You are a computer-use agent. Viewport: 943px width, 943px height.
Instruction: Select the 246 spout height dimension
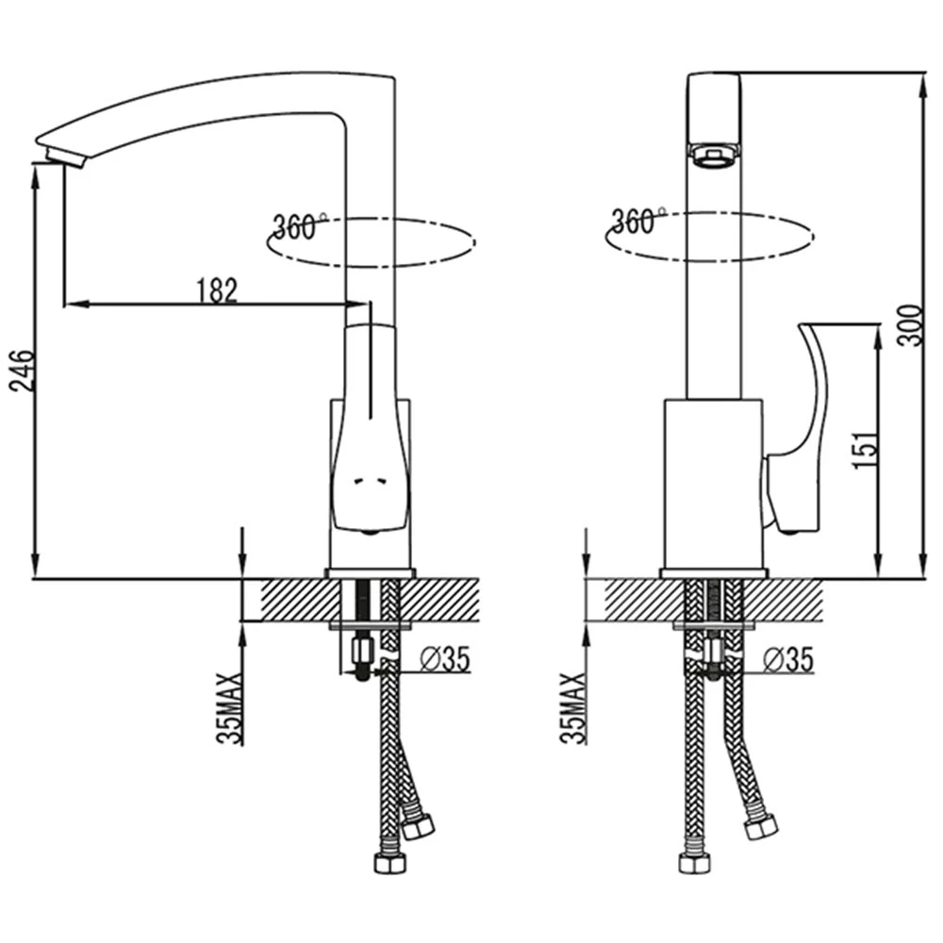23,371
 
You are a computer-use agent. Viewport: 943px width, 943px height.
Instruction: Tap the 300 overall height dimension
909,326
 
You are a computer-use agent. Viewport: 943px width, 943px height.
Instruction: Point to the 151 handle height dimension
865,449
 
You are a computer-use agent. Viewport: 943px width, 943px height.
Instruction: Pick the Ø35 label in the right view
787,659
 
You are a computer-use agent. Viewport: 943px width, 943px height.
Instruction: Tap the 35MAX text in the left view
229,708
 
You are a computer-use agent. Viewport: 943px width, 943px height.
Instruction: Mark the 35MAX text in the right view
572,708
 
